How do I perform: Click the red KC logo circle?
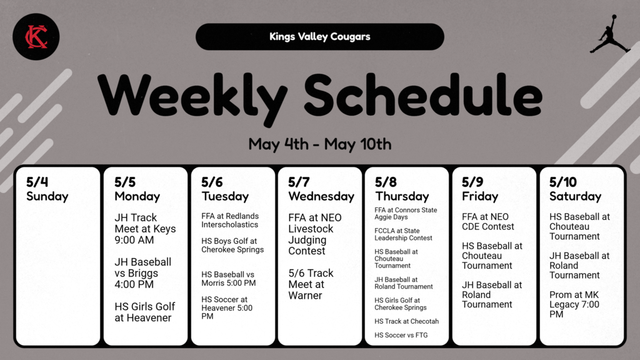(36, 37)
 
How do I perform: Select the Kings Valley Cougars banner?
(319, 36)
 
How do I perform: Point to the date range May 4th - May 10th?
(319, 144)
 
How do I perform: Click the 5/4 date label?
(37, 182)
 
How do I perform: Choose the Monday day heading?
(137, 196)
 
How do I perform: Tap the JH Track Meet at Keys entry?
(144, 229)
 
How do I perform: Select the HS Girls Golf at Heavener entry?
(144, 312)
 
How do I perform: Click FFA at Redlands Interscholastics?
(229, 220)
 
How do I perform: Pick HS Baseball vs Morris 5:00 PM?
(228, 279)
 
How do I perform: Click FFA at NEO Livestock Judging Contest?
(314, 234)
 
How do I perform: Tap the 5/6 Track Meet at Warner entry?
(311, 284)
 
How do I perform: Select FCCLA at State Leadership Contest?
(403, 234)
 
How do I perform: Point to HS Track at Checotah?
(406, 321)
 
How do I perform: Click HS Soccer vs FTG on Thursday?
(401, 335)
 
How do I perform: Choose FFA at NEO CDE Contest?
(488, 222)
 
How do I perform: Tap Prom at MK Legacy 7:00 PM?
(574, 304)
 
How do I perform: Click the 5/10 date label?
(562, 182)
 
